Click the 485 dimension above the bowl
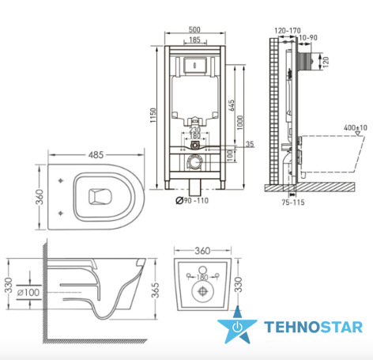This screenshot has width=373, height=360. click(96, 155)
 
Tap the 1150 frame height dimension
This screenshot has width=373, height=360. click(153, 116)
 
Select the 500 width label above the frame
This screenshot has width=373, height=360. click(194, 29)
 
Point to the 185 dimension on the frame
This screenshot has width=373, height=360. click(195, 40)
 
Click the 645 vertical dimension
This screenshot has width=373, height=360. click(232, 105)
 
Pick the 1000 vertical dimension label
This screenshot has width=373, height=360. click(239, 123)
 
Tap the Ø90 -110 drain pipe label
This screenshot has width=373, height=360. click(192, 201)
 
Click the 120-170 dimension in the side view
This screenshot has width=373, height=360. click(288, 31)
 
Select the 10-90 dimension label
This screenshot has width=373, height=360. click(308, 38)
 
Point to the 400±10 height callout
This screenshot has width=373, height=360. click(356, 128)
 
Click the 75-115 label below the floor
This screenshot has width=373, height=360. click(293, 203)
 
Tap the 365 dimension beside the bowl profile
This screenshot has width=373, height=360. click(156, 290)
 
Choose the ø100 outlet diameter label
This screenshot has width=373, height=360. click(28, 292)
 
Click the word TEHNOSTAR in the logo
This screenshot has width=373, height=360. click(314, 327)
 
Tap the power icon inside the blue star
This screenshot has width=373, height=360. click(237, 327)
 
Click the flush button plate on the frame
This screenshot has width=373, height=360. click(194, 65)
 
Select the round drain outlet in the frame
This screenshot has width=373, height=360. click(194, 161)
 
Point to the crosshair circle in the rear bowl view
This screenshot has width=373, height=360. click(202, 291)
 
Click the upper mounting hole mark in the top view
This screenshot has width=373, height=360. click(61, 180)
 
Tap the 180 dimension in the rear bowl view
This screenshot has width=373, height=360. click(202, 277)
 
